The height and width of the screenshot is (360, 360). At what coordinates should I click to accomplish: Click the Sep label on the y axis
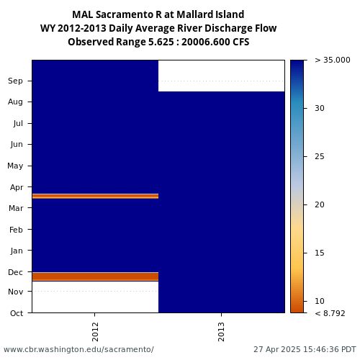(x=15, y=81)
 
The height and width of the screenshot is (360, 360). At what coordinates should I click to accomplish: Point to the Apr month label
(x=17, y=187)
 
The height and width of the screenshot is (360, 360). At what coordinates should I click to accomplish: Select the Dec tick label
(x=15, y=272)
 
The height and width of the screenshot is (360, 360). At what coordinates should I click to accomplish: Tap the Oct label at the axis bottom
(x=17, y=313)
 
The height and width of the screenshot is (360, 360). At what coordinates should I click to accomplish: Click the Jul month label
(x=18, y=123)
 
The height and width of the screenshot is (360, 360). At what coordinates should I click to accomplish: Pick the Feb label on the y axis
(x=16, y=230)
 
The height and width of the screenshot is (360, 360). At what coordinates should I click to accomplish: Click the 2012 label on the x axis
(x=95, y=332)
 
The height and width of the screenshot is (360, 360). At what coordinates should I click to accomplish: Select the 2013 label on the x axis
(x=221, y=332)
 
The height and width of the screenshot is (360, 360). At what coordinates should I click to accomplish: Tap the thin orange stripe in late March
(x=95, y=196)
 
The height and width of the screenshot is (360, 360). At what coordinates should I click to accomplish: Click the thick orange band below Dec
(x=95, y=276)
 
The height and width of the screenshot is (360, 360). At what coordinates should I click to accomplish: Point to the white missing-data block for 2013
(x=221, y=76)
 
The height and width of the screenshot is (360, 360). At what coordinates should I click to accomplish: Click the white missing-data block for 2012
(x=95, y=297)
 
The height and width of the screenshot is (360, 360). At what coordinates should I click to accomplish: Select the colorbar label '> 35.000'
(x=333, y=60)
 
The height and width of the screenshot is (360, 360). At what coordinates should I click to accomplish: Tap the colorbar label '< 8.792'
(x=330, y=313)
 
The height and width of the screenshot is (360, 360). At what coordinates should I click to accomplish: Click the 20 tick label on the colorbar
(x=320, y=204)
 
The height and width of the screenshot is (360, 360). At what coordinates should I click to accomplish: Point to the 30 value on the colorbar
(x=320, y=108)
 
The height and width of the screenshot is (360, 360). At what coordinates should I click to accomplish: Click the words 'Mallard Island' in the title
(x=207, y=14)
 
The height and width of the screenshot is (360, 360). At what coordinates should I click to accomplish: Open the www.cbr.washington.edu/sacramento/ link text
(x=78, y=349)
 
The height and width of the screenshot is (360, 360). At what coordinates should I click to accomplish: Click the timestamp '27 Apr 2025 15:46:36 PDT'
(x=305, y=349)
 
